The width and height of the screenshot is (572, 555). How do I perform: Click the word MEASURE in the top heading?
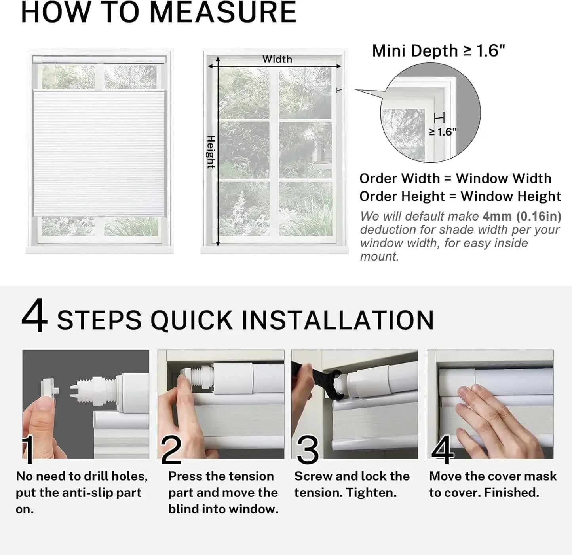click(223, 12)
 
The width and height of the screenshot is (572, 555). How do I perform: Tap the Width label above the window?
click(277, 59)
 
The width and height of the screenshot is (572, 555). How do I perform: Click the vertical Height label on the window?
click(211, 152)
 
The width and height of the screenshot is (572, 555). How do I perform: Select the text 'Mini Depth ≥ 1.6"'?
click(438, 51)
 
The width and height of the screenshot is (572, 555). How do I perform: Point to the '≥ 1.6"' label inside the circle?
click(443, 132)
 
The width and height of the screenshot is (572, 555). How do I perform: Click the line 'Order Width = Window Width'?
click(455, 179)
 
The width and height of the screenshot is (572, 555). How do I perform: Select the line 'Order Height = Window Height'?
click(460, 196)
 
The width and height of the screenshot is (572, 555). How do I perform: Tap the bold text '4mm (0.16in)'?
click(522, 216)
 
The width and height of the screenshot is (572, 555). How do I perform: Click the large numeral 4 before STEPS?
click(34, 317)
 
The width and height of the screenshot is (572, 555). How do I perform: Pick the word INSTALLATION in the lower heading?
click(338, 320)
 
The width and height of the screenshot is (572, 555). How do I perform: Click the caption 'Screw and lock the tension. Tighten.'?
click(352, 484)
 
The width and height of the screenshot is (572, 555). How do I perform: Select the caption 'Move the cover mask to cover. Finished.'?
click(492, 484)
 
